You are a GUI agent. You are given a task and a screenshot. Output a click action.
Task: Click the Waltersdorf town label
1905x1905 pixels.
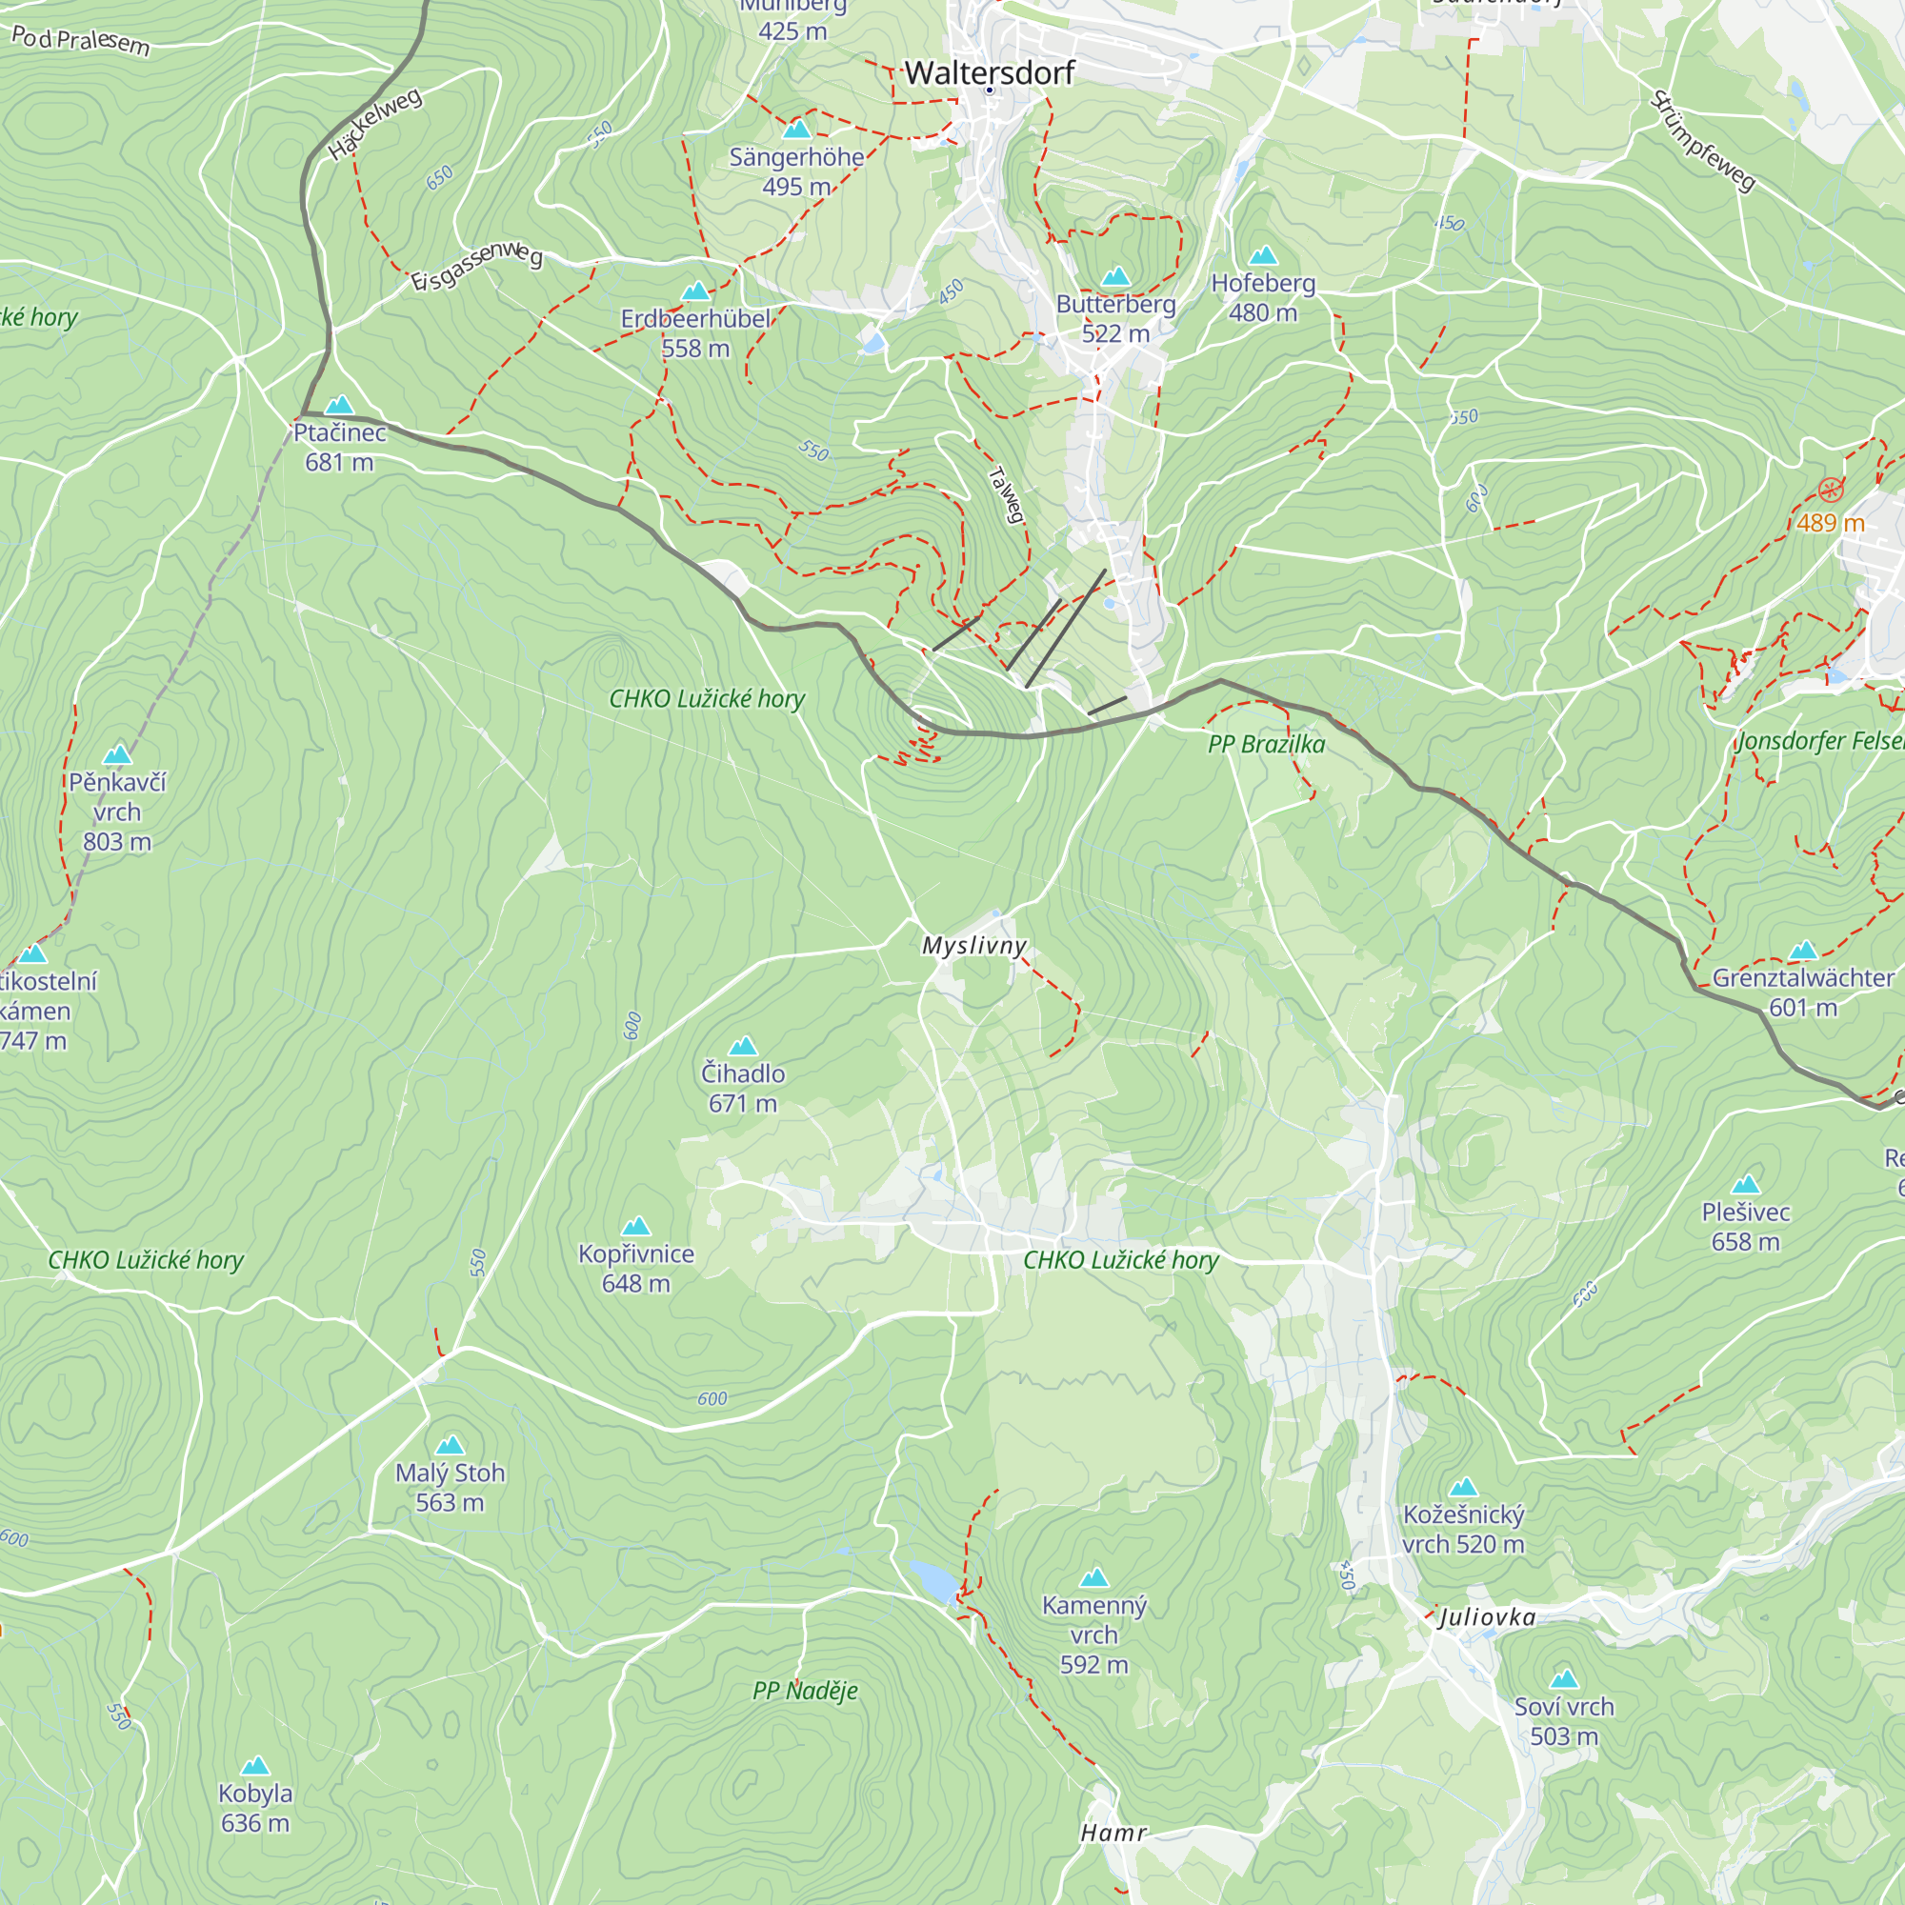pos(989,72)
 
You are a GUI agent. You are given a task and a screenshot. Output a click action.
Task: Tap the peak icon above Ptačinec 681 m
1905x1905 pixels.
pos(339,404)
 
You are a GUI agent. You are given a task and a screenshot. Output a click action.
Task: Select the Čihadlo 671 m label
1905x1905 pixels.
pos(743,1088)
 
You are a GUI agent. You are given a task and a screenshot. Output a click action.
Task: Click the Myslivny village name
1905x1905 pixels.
pos(974,946)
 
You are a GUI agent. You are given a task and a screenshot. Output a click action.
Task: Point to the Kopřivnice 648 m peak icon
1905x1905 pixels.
pos(636,1226)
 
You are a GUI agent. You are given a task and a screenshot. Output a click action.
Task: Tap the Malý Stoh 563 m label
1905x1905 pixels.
pos(450,1487)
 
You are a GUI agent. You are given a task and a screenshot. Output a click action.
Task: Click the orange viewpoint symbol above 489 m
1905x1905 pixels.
pos(1830,490)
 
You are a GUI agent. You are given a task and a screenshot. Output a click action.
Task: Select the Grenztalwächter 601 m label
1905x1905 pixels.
pos(1802,992)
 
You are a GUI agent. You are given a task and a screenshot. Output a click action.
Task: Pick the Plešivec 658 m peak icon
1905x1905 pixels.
pos(1745,1184)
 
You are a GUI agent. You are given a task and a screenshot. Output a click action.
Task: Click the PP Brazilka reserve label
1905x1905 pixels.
pos(1266,745)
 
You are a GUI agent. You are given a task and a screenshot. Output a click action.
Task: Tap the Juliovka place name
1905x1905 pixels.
pos(1487,1617)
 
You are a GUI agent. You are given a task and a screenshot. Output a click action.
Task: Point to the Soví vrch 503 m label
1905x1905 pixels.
pos(1564,1720)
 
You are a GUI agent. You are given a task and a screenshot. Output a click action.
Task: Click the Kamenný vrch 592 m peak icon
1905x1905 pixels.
pos(1093,1577)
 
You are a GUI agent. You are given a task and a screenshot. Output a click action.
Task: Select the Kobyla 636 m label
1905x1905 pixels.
pos(255,1808)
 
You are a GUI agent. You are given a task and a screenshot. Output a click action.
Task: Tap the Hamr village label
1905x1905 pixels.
pos(1113,1833)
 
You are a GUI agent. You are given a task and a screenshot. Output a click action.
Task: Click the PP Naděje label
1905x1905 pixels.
pos(805,1691)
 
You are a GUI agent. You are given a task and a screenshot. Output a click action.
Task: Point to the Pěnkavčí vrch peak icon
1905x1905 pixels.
pos(117,754)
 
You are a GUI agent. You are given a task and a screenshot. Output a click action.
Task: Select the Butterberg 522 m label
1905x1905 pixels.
pos(1115,317)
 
